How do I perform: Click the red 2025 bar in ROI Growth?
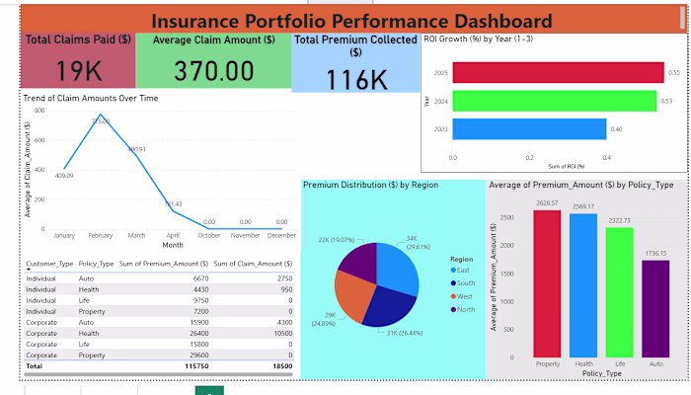[x=558, y=72]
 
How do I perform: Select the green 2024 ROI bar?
[x=554, y=101]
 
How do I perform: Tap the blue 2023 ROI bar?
[x=529, y=129]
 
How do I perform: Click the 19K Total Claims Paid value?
[x=78, y=71]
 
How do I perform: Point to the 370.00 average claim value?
[x=208, y=71]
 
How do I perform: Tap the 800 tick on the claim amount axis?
[x=39, y=111]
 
